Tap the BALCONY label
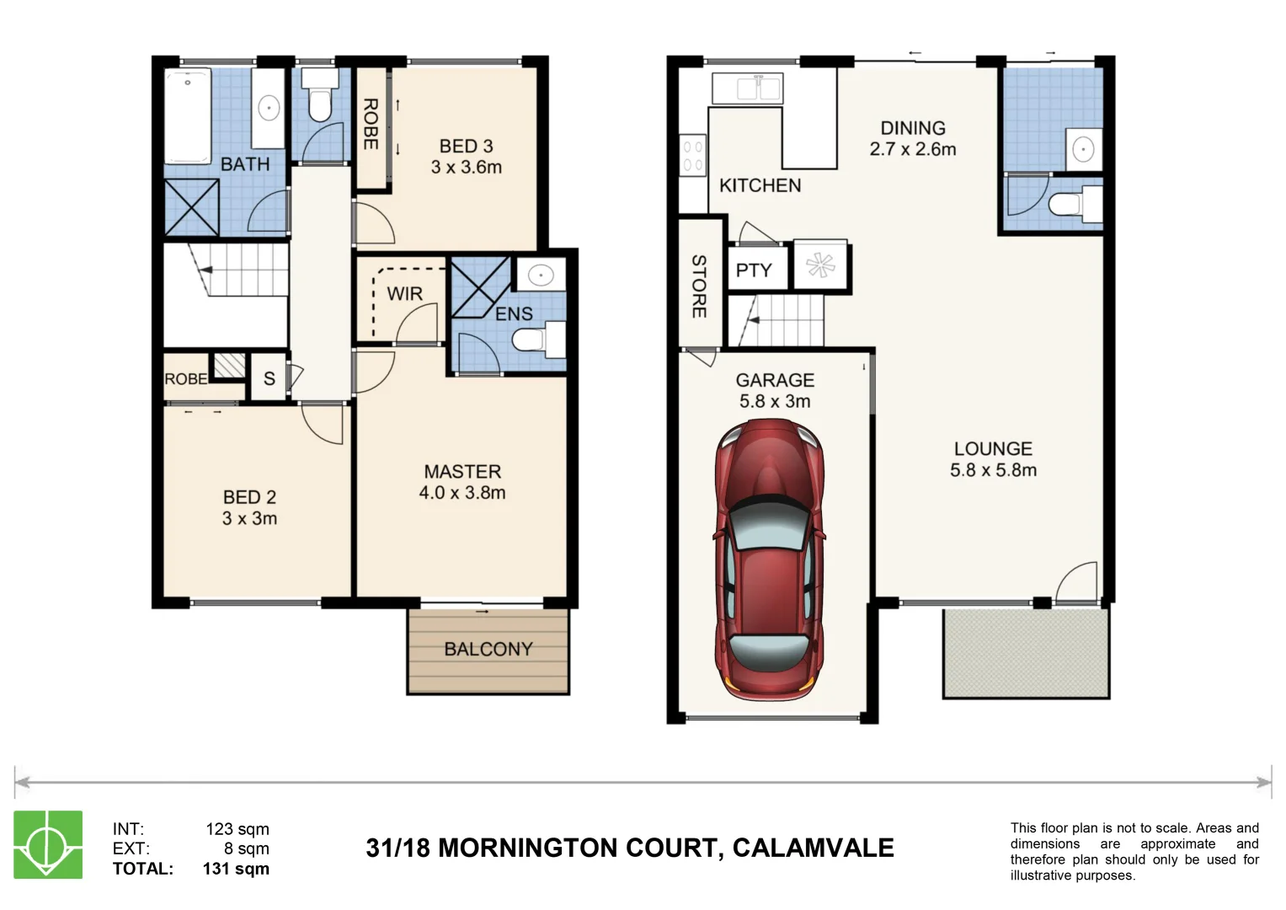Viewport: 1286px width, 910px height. (488, 649)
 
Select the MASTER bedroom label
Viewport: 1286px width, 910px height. (462, 472)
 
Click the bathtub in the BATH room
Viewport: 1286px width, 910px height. (188, 116)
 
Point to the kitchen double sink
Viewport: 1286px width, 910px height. (748, 88)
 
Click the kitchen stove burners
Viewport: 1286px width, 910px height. (692, 156)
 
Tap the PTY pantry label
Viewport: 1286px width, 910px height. (754, 270)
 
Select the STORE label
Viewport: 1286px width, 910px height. (699, 286)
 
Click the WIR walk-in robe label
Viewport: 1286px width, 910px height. (404, 294)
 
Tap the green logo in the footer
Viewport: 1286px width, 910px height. (48, 845)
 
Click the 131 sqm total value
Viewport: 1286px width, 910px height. (236, 869)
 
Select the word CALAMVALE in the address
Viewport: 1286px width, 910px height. (813, 848)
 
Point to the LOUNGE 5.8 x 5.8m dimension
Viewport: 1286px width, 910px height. (993, 471)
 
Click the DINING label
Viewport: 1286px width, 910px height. (913, 128)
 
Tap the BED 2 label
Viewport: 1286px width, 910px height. (249, 497)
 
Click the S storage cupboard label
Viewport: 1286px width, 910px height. (269, 379)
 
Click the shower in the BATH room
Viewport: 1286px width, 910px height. (191, 207)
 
